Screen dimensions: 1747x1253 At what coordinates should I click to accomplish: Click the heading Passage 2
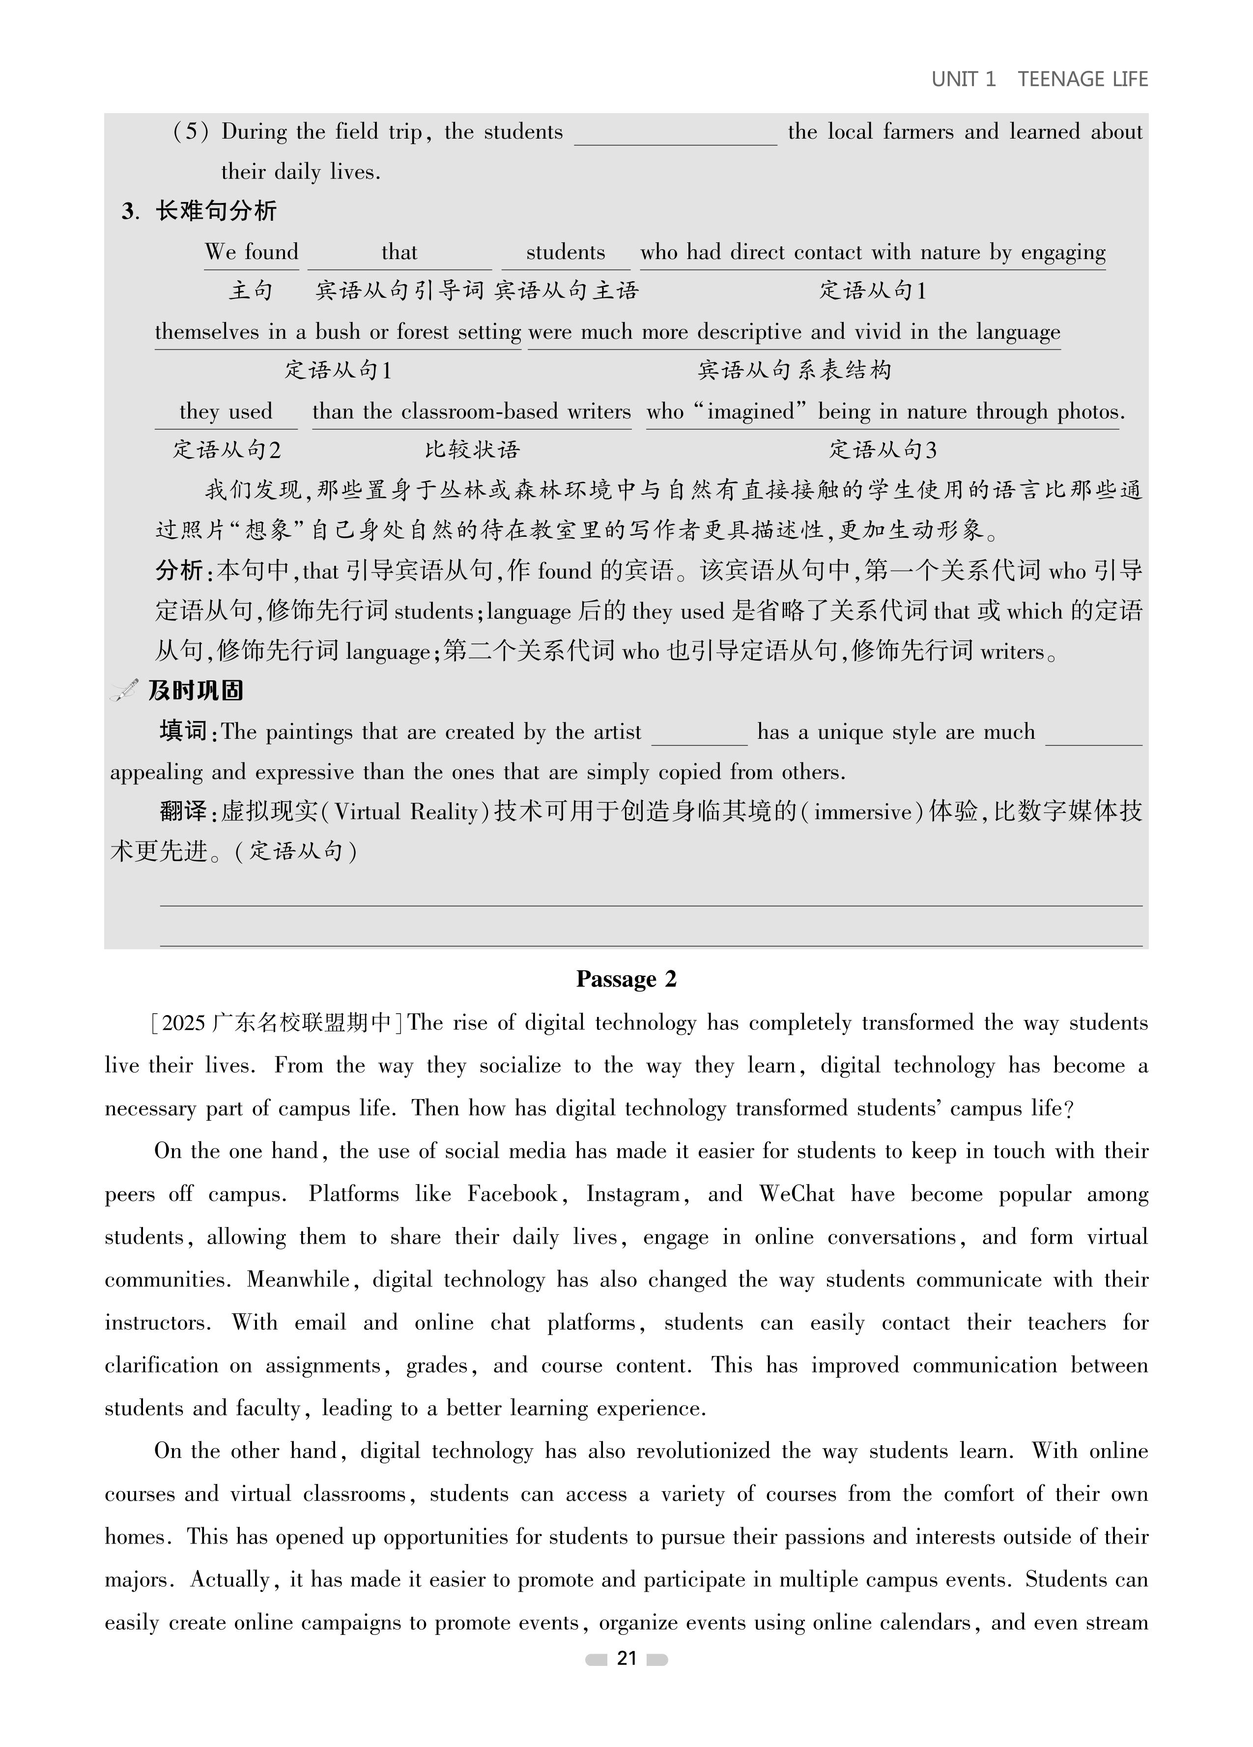click(x=626, y=979)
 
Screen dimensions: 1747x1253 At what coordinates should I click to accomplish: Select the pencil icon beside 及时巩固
click(x=124, y=690)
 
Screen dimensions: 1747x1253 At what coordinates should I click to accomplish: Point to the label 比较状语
click(x=472, y=450)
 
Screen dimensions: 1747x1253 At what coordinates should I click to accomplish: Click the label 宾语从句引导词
click(x=399, y=291)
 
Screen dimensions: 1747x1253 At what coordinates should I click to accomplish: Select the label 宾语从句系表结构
click(x=794, y=371)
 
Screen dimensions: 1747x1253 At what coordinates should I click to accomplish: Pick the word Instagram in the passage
click(x=633, y=1194)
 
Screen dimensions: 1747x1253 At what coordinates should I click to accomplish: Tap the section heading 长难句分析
click(x=216, y=211)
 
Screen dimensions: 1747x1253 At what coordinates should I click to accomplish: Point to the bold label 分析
click(x=179, y=571)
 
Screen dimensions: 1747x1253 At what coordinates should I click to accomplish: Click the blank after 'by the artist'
click(x=699, y=734)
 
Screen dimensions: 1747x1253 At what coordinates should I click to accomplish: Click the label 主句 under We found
click(x=251, y=291)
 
